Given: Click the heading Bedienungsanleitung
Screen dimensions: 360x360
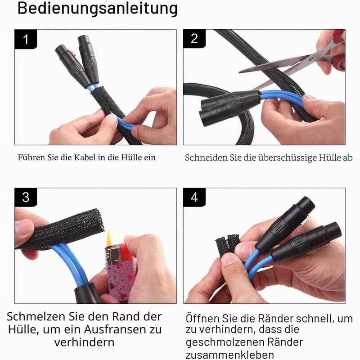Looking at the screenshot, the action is (98, 9).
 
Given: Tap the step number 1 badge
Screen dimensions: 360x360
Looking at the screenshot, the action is (26, 39).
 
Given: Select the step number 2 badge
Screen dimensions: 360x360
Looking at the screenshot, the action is (194, 39).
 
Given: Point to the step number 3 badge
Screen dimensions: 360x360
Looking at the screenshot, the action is (26, 197).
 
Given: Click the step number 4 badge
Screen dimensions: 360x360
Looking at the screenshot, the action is (194, 197).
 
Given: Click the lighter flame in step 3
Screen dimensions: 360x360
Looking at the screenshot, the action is (109, 238).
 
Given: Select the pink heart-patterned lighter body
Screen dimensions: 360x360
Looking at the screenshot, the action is (121, 279).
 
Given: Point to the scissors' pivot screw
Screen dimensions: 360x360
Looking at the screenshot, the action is (312, 60).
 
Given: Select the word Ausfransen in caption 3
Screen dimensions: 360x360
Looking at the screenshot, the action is (113, 329).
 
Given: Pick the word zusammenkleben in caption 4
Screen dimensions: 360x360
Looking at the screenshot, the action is (229, 355).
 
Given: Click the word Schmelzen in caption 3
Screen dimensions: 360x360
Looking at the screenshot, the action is (36, 317).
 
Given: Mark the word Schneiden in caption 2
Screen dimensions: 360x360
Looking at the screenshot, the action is (206, 158).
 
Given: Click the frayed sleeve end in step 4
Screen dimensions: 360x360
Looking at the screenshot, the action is (228, 244).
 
